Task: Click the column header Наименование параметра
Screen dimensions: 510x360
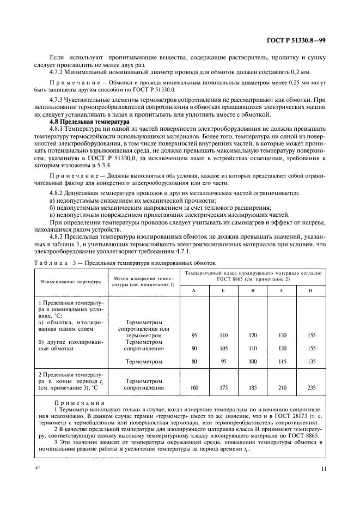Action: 70,283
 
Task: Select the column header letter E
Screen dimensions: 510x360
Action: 223,290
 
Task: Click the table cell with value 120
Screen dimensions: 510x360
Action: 252,336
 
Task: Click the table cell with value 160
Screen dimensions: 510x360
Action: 194,388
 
